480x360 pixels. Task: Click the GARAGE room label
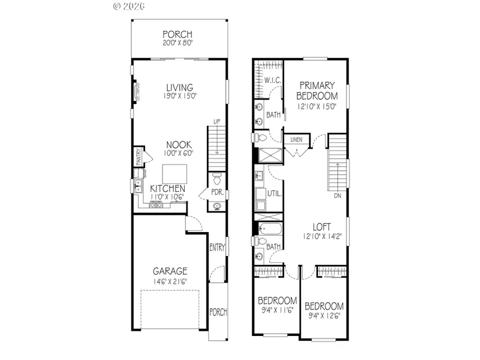tap(171, 271)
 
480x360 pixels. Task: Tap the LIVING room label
tap(179, 87)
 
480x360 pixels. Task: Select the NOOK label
tap(179, 144)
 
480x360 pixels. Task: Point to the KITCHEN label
tap(167, 189)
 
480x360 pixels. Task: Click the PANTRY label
tap(137, 157)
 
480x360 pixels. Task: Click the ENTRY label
tap(218, 247)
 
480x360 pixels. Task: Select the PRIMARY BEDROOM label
tap(317, 91)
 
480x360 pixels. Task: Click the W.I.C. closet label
tap(273, 81)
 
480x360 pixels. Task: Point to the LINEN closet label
tap(297, 140)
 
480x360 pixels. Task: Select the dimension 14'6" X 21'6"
tap(171, 282)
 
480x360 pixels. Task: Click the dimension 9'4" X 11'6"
tap(277, 310)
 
